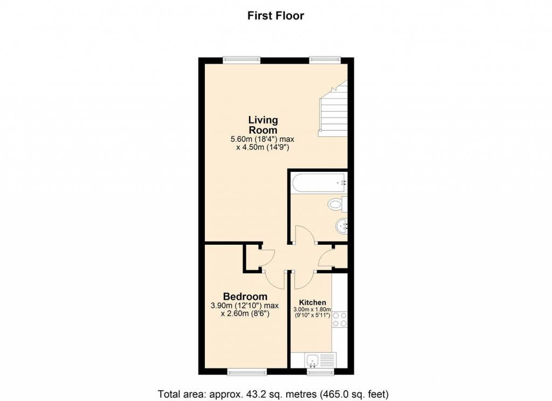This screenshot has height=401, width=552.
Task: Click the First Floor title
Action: tap(275, 16)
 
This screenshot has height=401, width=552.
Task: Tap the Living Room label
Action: tap(263, 125)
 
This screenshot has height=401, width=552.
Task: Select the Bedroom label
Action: tap(245, 296)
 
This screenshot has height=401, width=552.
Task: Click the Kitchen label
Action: tap(313, 302)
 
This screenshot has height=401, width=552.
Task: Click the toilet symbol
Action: tap(337, 205)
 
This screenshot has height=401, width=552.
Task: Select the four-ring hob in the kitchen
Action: tap(339, 320)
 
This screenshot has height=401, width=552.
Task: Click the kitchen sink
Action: tap(313, 360)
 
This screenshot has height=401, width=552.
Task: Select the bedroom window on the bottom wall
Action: tap(246, 371)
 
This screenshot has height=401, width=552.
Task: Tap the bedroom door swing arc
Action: tap(275, 279)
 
